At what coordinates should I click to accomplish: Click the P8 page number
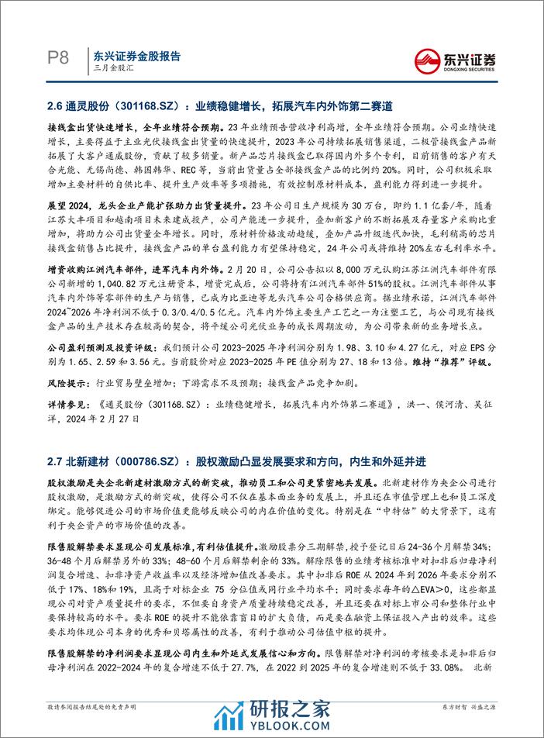pos(58,58)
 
